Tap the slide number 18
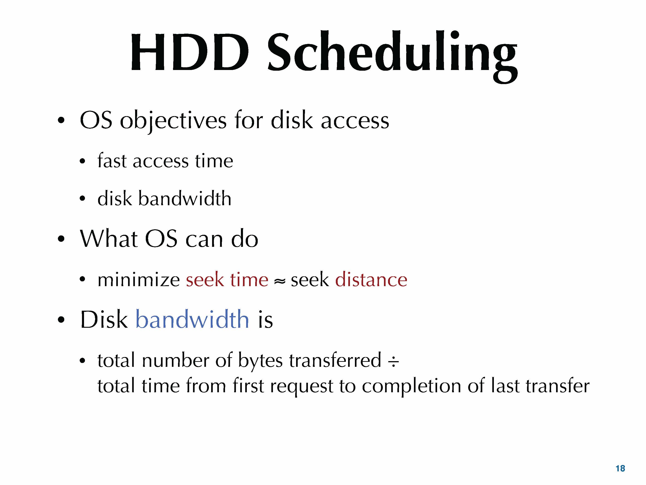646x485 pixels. (620, 468)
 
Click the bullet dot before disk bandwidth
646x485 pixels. (82, 198)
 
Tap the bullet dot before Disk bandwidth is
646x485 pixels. (61, 320)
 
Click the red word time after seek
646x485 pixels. (249, 280)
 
